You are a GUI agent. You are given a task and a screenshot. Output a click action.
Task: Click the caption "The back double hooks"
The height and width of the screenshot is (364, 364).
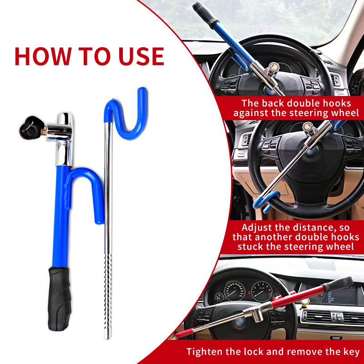pyautogui.click(x=296, y=103)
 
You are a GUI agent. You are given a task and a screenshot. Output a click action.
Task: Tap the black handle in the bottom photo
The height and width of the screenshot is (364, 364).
pyautogui.click(x=339, y=284)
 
